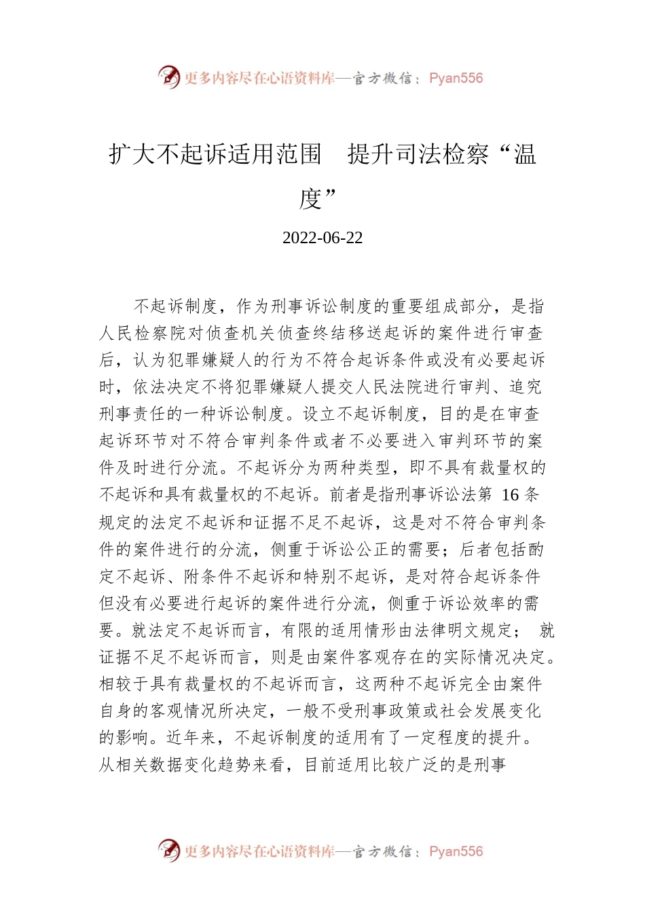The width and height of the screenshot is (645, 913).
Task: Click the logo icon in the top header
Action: coord(168,77)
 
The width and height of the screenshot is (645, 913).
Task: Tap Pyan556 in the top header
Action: coord(456,78)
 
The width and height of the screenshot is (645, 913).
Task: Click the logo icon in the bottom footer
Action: coord(168,851)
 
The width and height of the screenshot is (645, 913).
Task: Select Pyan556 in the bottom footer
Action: coord(456,851)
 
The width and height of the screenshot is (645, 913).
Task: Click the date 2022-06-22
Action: coord(322,238)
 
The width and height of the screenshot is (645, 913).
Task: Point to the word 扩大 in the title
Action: coord(132,155)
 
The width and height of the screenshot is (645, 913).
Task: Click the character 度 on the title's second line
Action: coord(310,198)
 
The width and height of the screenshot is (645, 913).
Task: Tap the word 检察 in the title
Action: coord(465,155)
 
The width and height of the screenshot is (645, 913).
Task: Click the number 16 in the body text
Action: coord(510,495)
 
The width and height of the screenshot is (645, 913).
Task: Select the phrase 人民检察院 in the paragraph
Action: coord(141,334)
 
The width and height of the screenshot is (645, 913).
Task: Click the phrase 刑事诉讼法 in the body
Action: coord(435,495)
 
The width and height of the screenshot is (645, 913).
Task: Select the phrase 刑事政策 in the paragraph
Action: coord(390,711)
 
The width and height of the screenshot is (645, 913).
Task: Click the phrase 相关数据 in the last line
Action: coord(149,765)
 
